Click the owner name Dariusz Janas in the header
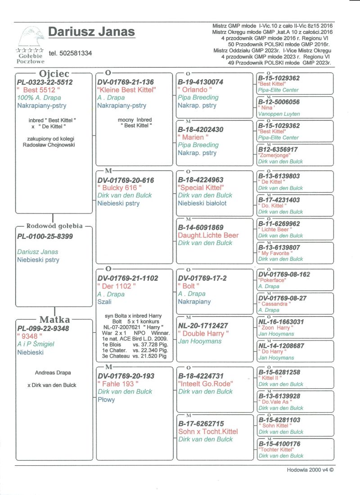click(91, 32)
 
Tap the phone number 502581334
click(70, 53)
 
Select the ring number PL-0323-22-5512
click(45, 82)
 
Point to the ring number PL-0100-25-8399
click(45, 236)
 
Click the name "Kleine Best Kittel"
click(126, 90)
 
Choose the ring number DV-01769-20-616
click(126, 180)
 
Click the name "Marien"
click(193, 137)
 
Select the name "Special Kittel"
click(201, 187)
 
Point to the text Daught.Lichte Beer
click(208, 235)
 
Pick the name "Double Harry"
click(203, 333)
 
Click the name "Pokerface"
click(272, 280)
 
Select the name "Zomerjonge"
click(274, 155)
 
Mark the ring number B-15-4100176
click(279, 444)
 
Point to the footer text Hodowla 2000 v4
click(310, 469)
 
